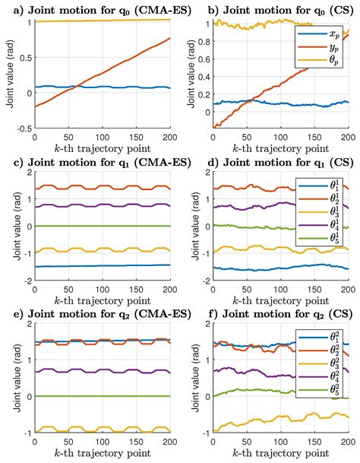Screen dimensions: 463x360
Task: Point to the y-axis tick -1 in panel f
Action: point(201,432)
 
